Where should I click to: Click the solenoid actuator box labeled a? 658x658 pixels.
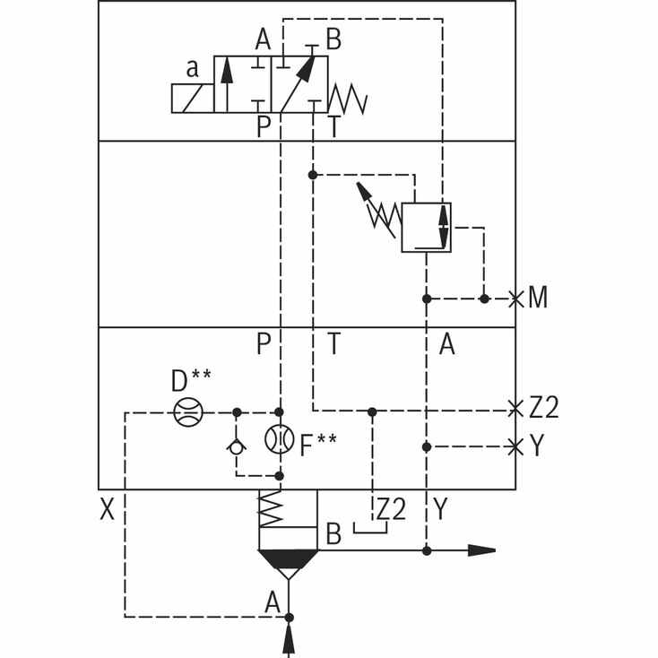click(x=193, y=99)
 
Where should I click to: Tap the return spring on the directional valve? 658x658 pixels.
click(x=348, y=99)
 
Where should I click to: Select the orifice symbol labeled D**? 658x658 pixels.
click(x=188, y=412)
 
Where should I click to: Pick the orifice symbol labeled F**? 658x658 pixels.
click(x=280, y=439)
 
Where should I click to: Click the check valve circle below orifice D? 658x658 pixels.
click(x=237, y=447)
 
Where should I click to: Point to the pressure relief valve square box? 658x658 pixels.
click(x=427, y=228)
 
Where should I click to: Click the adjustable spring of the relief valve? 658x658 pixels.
click(x=381, y=212)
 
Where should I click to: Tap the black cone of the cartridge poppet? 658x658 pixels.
click(x=289, y=558)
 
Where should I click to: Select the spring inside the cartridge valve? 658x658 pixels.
click(x=271, y=508)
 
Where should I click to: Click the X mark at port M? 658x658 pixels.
click(x=515, y=299)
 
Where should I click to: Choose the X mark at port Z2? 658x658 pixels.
click(x=515, y=409)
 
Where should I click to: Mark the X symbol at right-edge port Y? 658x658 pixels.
click(x=515, y=446)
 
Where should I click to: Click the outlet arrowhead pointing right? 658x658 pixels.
click(x=481, y=550)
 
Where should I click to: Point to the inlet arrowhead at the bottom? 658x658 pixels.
click(x=289, y=638)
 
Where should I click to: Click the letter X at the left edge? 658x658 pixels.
click(x=107, y=509)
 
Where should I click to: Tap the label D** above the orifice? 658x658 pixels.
click(x=191, y=380)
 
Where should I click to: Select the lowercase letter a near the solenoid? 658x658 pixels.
click(x=192, y=68)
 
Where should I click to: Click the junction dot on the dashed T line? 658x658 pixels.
click(x=313, y=175)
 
